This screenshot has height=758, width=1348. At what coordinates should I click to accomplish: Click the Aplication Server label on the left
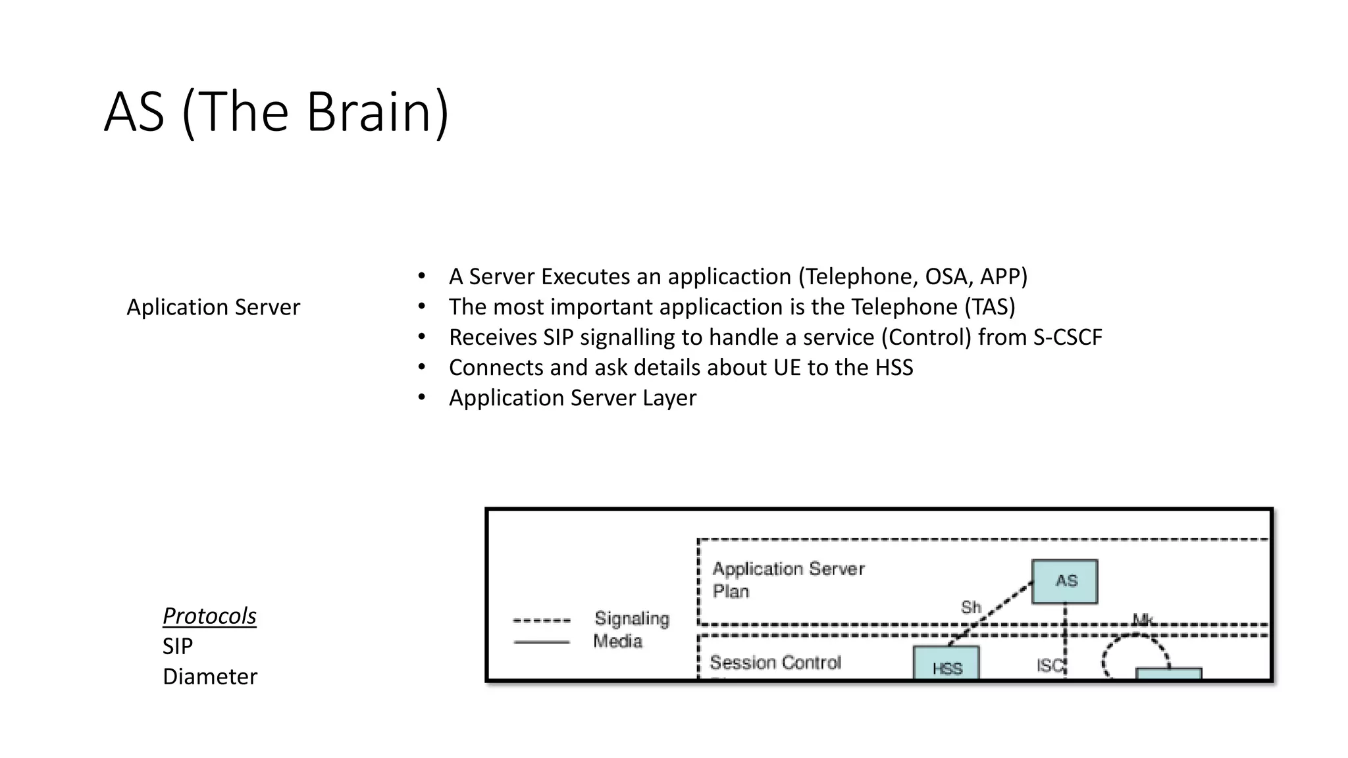(213, 307)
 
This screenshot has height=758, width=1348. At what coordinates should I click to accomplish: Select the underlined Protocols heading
(209, 616)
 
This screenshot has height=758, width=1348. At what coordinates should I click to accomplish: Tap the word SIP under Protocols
(178, 646)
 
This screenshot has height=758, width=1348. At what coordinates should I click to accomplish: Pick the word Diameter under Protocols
(210, 676)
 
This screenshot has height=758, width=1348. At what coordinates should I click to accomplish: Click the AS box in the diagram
(1064, 581)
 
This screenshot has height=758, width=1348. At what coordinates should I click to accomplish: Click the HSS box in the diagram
(946, 665)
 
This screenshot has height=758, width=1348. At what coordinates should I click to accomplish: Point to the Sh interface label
(971, 607)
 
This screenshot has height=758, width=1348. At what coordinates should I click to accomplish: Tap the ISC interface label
(1049, 666)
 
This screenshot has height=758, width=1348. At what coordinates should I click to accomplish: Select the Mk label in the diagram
(1143, 619)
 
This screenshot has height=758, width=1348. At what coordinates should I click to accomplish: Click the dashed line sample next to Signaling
(542, 620)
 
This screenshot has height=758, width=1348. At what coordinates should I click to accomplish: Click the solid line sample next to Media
(542, 642)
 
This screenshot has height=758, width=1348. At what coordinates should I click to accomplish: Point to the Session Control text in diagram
(775, 662)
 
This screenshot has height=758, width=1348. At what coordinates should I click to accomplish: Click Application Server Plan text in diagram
(788, 579)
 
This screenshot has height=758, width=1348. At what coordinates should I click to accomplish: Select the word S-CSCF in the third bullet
(1067, 337)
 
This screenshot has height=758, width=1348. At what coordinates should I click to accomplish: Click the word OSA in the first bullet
(946, 276)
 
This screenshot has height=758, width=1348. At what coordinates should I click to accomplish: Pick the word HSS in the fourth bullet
(894, 367)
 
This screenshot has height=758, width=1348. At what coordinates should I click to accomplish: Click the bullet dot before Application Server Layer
(422, 397)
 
